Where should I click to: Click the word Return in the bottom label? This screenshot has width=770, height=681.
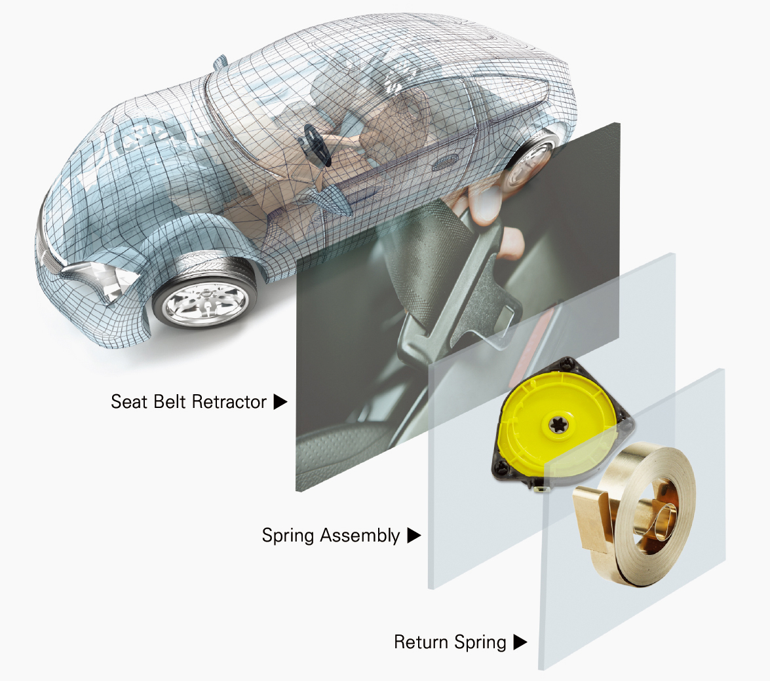click(421, 642)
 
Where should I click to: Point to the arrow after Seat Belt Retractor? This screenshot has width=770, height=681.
click(280, 402)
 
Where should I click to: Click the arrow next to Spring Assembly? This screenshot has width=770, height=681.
click(414, 535)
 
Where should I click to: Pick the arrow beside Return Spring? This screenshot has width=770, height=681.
click(520, 642)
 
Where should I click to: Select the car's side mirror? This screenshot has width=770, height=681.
click(220, 62)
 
